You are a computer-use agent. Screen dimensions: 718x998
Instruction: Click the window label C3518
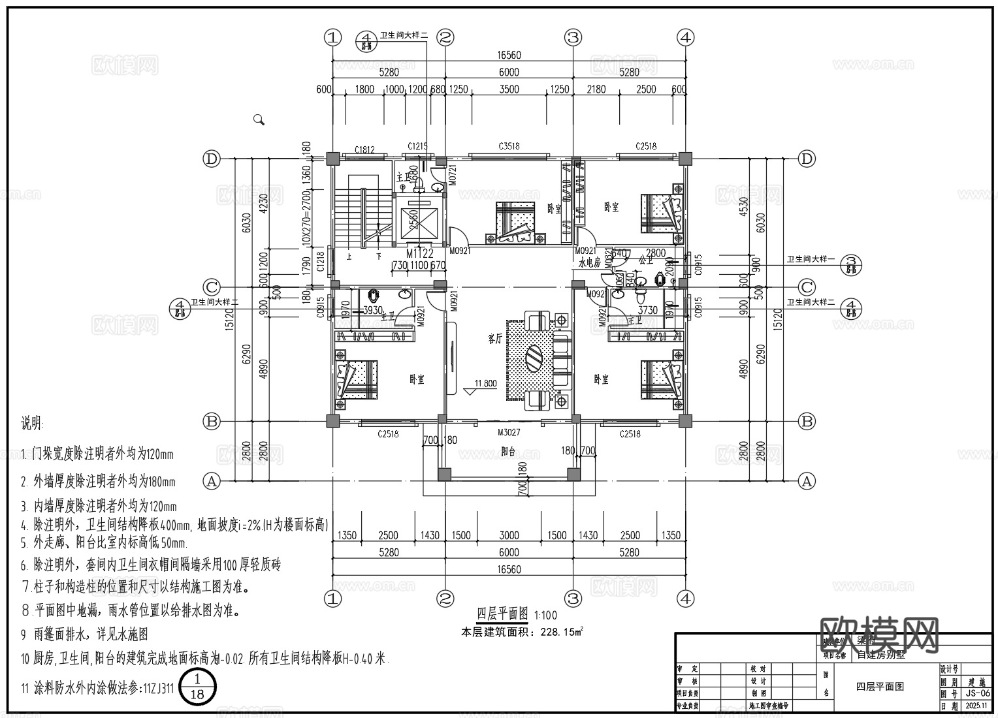pyautogui.click(x=509, y=147)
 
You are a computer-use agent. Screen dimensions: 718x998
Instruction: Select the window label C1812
pyautogui.click(x=364, y=149)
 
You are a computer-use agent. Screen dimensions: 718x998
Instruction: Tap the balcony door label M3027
pyautogui.click(x=509, y=433)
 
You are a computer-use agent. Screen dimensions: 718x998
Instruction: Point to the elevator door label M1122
pyautogui.click(x=419, y=253)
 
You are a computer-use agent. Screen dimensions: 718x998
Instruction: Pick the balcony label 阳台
pyautogui.click(x=509, y=451)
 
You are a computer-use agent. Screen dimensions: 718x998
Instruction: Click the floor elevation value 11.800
pyautogui.click(x=485, y=384)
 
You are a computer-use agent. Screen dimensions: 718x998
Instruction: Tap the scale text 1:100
pyautogui.click(x=545, y=615)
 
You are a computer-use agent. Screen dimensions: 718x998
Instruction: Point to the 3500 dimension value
pyautogui.click(x=509, y=89)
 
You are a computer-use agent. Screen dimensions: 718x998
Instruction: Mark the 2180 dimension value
pyautogui.click(x=596, y=89)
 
